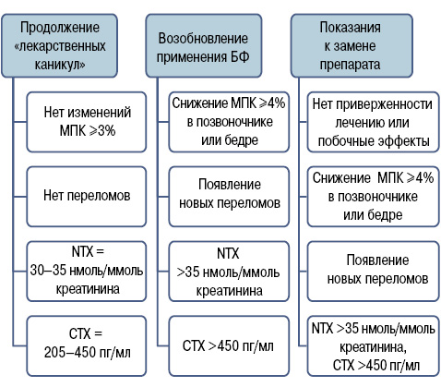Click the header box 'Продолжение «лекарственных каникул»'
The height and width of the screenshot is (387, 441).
click(60, 45)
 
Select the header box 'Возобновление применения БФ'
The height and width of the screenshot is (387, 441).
click(204, 45)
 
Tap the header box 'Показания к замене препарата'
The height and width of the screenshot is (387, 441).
click(352, 45)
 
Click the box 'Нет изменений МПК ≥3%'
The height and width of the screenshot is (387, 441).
click(87, 122)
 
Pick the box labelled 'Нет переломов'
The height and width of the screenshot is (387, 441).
click(87, 197)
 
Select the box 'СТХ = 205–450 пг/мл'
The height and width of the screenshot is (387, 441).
click(87, 346)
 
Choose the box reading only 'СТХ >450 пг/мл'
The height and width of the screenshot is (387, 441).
click(229, 346)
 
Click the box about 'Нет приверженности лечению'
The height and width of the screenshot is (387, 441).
click(374, 122)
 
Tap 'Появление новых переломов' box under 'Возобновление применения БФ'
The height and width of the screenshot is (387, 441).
click(229, 197)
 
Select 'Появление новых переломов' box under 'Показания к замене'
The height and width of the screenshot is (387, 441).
click(374, 272)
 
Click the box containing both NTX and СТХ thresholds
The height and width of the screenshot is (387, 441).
click(374, 346)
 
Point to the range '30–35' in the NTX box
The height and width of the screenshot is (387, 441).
click(48, 271)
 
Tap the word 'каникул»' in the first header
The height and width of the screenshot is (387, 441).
click(60, 65)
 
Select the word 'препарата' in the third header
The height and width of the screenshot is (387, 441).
click(350, 65)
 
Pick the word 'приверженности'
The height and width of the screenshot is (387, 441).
click(384, 104)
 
